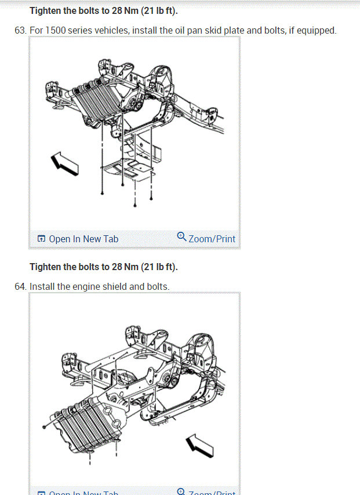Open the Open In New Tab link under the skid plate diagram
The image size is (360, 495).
point(83,239)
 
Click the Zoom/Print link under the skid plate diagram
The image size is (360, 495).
point(212,239)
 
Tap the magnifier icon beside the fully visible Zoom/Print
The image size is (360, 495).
point(181,236)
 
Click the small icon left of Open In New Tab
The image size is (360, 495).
point(41,239)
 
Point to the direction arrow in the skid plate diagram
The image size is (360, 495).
point(64,163)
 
